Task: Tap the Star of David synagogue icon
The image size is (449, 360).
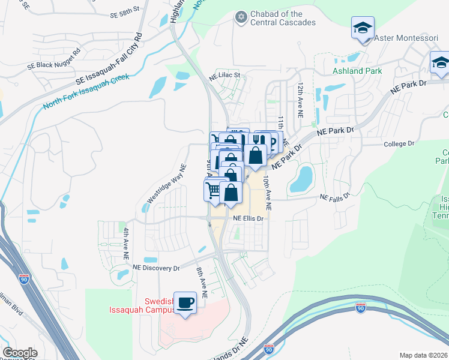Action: (x=241, y=17)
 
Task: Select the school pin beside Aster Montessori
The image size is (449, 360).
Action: (x=362, y=28)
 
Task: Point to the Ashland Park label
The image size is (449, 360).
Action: (x=357, y=71)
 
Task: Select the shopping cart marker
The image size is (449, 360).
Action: (x=213, y=191)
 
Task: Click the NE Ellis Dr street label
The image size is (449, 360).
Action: (x=249, y=218)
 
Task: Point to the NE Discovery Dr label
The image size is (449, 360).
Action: (x=156, y=268)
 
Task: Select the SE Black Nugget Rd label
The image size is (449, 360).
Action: (x=53, y=65)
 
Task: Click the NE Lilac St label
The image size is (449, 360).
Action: (x=224, y=76)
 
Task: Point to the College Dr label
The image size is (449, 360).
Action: (x=399, y=144)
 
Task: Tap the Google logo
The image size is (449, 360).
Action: (x=20, y=353)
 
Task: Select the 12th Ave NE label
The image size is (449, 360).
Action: (x=300, y=96)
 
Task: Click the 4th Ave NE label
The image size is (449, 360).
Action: (x=127, y=243)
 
